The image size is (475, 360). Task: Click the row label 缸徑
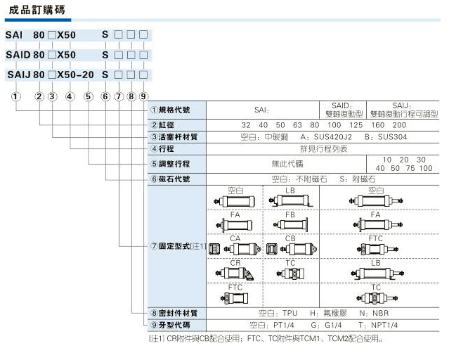pyautogui.click(x=169, y=124)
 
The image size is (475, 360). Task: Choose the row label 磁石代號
pyautogui.click(x=175, y=179)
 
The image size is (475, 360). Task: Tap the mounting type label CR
pyautogui.click(x=236, y=262)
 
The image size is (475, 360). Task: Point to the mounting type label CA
pyautogui.click(x=236, y=238)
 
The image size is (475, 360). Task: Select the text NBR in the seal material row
pyautogui.click(x=379, y=313)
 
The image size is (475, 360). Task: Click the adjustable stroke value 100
pyautogui.click(x=424, y=168)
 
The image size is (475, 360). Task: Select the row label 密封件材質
pyautogui.click(x=178, y=313)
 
